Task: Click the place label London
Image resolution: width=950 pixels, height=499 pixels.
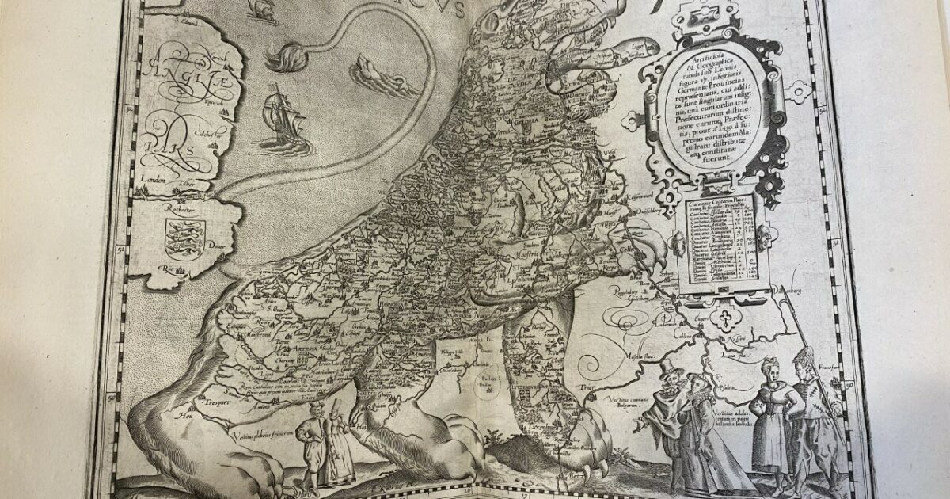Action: (152, 180)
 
